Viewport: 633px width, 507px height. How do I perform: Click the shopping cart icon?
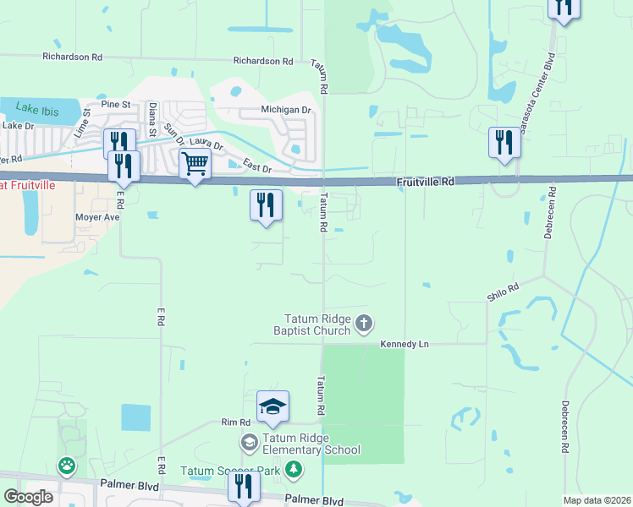point(195,164)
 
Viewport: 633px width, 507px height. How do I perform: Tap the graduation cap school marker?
point(273,407)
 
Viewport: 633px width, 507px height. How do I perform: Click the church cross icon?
point(364,322)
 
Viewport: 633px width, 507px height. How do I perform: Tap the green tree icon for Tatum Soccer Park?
point(293,469)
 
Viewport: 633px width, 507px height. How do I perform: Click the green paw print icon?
point(65,465)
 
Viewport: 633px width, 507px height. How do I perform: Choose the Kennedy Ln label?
point(405,344)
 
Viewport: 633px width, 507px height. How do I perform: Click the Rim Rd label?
point(236,422)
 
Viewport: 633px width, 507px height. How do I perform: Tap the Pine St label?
point(115,104)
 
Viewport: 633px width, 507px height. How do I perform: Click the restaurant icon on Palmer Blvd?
point(243,486)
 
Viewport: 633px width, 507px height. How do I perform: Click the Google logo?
point(28,497)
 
